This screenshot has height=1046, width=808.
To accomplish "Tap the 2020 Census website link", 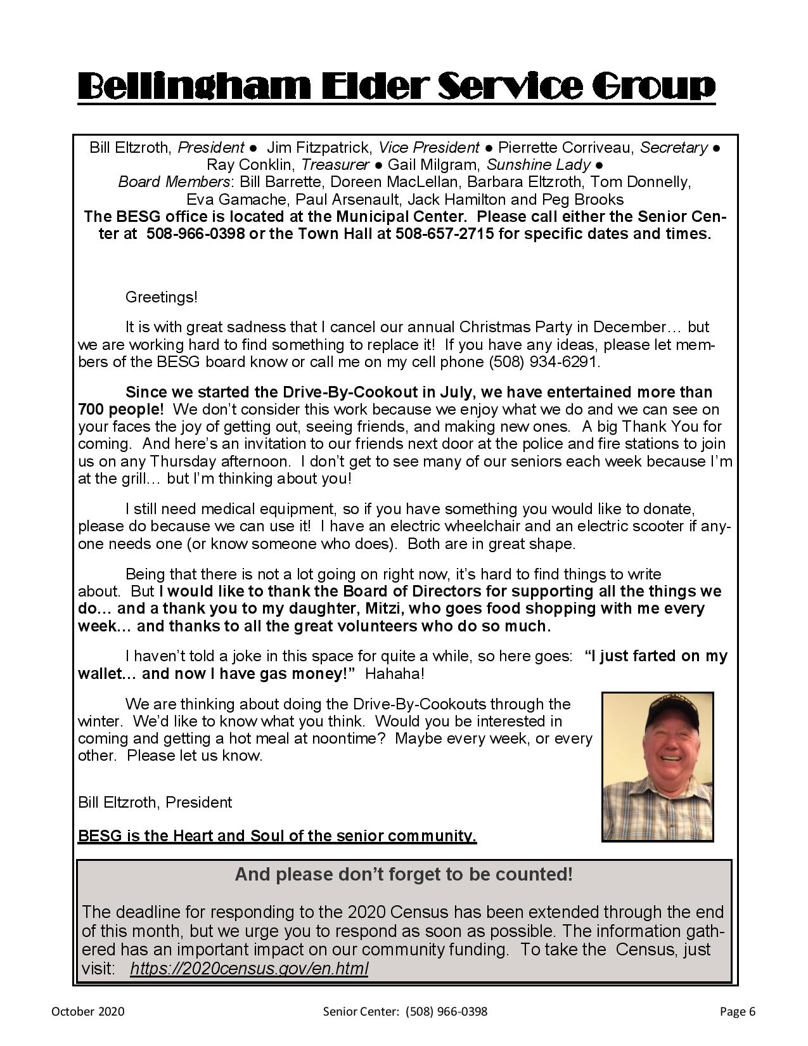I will (x=248, y=968).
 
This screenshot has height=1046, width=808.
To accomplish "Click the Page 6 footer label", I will (x=738, y=1011).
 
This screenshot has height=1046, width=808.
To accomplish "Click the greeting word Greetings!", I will (x=162, y=297).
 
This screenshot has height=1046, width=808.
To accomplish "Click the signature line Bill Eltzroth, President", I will (x=155, y=802).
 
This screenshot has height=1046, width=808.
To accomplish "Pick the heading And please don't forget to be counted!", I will (x=404, y=875).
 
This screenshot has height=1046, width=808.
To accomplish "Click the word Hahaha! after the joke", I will (x=395, y=673).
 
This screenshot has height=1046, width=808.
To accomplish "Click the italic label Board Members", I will (x=174, y=182).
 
